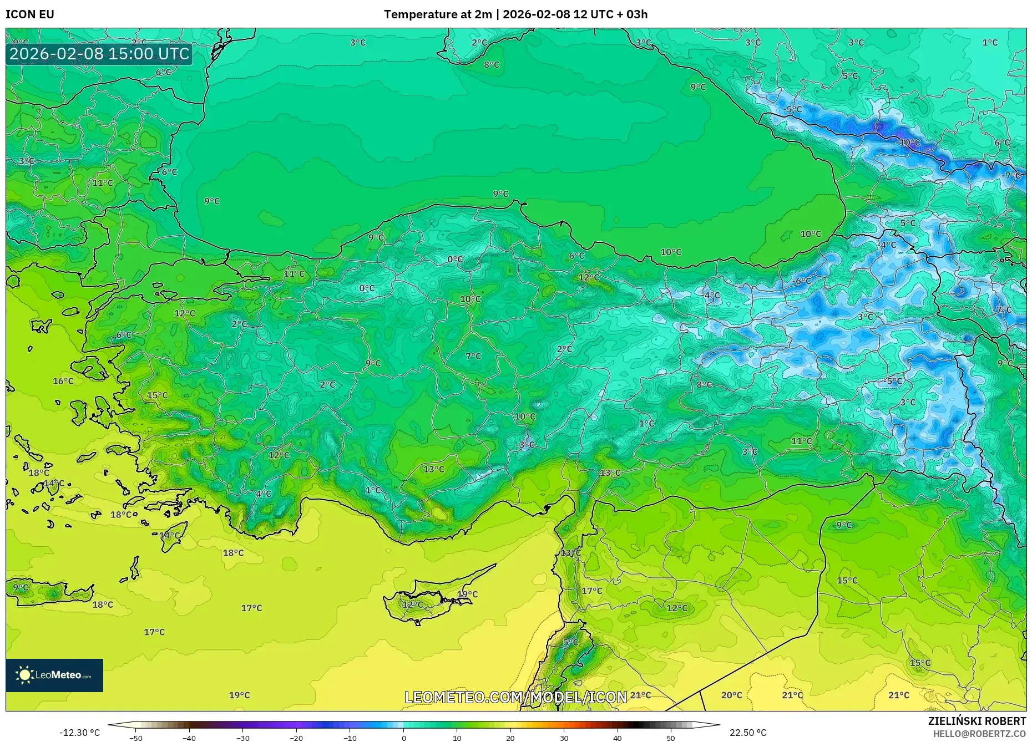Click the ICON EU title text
[30, 14]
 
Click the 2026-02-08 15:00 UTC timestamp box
[99, 54]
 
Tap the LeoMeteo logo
[54, 675]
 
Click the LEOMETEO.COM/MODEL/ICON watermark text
[515, 697]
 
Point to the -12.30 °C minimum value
[80, 733]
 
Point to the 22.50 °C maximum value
[747, 733]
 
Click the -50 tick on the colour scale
[136, 738]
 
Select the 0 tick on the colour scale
[404, 738]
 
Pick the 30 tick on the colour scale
[564, 738]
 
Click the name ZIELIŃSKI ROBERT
[977, 721]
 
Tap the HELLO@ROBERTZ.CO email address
[979, 734]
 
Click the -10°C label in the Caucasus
[908, 143]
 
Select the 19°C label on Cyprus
[467, 594]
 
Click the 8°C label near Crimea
[492, 64]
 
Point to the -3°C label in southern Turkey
[525, 444]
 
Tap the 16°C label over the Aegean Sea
[63, 381]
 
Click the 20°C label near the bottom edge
[731, 695]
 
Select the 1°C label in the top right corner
[990, 42]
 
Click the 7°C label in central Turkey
[473, 356]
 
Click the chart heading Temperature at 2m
[438, 14]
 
